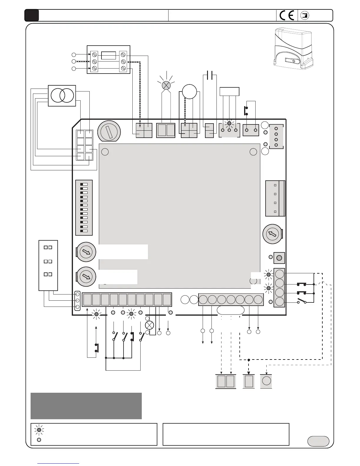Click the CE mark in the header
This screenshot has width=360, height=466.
(287, 15)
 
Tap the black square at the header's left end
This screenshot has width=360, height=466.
(31, 15)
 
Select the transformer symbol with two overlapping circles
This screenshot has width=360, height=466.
(62, 96)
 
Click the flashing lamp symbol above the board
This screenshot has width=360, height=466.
(166, 85)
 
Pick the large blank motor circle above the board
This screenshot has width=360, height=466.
(189, 91)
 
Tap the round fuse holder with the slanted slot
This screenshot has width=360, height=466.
(109, 131)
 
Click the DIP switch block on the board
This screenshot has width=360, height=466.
(84, 208)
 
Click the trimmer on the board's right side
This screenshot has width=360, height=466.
(272, 234)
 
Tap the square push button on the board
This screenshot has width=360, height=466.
(279, 258)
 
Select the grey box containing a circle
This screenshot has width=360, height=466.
(266, 381)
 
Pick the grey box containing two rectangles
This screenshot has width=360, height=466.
(226, 381)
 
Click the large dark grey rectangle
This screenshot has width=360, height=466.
(86, 406)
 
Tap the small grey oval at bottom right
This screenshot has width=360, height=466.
(318, 441)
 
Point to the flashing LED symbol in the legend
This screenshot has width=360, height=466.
(39, 430)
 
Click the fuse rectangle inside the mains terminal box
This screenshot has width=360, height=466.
(108, 55)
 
